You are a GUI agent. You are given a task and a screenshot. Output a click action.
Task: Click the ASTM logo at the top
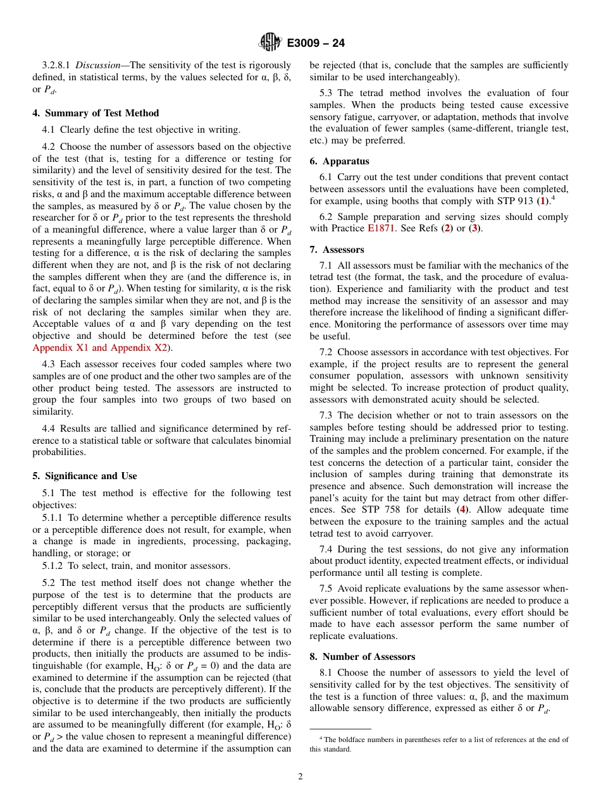270,43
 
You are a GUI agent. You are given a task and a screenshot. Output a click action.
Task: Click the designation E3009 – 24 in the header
316,44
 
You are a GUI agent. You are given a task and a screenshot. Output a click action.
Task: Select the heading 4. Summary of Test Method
96,113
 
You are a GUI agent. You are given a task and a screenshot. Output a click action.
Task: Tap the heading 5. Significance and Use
84,476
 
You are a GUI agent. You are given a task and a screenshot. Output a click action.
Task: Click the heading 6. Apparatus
339,161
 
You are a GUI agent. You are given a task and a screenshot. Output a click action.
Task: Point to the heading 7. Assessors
337,250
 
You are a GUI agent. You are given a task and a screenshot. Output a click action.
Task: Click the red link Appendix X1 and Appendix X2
99,348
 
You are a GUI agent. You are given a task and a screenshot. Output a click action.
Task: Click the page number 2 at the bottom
300,777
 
